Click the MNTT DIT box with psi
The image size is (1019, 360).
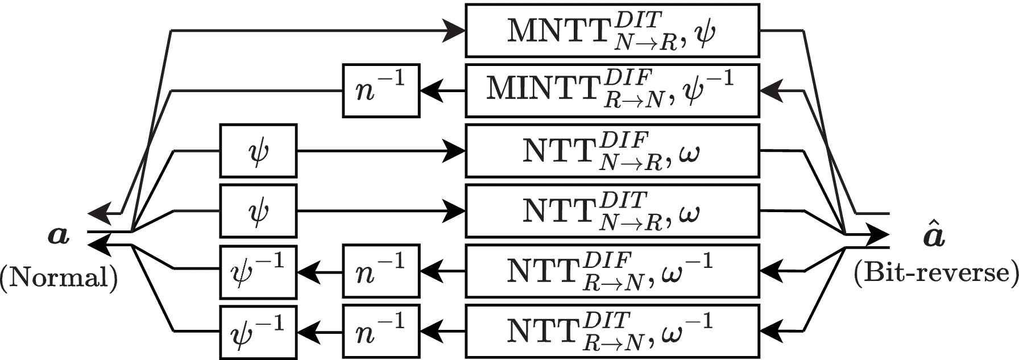click(x=612, y=31)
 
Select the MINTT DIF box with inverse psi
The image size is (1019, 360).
click(x=612, y=91)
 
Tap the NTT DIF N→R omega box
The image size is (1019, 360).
click(x=612, y=151)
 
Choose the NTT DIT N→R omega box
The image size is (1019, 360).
click(x=612, y=211)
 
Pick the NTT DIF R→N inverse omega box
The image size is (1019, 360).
click(x=612, y=271)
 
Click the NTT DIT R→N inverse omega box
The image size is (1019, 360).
click(x=612, y=332)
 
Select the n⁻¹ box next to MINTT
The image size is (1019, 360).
click(x=381, y=91)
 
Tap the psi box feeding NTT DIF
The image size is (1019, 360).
click(x=258, y=151)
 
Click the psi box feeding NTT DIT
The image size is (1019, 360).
click(x=258, y=211)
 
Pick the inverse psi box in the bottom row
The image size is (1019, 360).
click(x=258, y=332)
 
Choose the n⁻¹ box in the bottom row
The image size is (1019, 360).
click(x=381, y=332)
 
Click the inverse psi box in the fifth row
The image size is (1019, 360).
click(x=258, y=271)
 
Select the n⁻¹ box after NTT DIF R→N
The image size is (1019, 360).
click(x=381, y=271)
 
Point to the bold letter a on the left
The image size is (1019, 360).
click(x=59, y=235)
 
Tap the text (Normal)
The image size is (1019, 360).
click(x=59, y=277)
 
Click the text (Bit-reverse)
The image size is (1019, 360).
click(x=935, y=274)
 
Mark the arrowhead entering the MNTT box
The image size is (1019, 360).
click(x=455, y=31)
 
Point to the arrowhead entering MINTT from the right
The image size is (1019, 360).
click(x=771, y=91)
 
